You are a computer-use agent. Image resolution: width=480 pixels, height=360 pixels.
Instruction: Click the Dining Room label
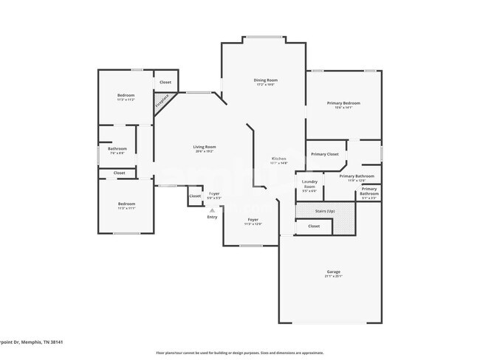pos(265,80)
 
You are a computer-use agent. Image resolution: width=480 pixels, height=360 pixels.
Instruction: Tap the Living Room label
pos(204,147)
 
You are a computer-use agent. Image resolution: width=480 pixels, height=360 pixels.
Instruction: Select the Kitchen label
pos(278,159)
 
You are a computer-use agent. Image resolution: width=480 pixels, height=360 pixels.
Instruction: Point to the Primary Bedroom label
pos(343,103)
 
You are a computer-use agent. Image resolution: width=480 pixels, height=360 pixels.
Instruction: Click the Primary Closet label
pos(324,154)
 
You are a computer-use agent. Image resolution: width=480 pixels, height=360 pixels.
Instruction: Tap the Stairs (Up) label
pos(313,212)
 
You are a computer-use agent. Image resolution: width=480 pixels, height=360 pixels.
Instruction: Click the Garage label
pos(334,271)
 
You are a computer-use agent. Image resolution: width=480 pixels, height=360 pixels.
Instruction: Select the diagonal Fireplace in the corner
pos(162,101)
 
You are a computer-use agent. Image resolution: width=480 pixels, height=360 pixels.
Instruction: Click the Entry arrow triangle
pos(213,210)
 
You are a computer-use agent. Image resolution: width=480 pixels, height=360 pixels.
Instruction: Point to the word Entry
pos(213,217)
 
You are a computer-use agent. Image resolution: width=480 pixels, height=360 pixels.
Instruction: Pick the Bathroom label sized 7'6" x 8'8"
pos(117,149)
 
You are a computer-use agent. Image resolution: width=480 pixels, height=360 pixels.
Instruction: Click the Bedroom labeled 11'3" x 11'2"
pos(126,96)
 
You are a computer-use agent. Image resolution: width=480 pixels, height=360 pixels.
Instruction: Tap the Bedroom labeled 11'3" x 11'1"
pos(126,204)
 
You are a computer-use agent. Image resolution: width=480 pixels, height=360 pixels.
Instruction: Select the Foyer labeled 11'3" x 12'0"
pos(253,220)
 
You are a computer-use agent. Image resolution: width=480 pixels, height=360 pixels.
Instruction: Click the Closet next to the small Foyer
pos(195,196)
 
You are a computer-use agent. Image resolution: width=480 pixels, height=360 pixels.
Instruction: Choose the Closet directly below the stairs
pos(314,226)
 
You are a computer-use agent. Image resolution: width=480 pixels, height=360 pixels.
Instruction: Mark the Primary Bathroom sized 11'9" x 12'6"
pos(357,176)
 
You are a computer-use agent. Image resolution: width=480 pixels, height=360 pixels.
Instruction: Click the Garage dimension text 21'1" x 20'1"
pos(334,277)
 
